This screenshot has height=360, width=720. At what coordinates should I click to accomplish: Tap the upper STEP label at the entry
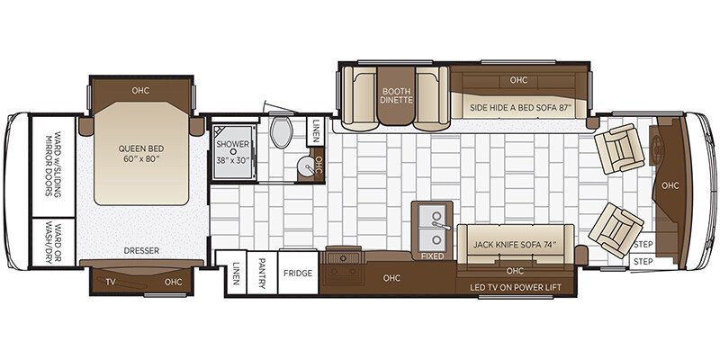642,244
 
